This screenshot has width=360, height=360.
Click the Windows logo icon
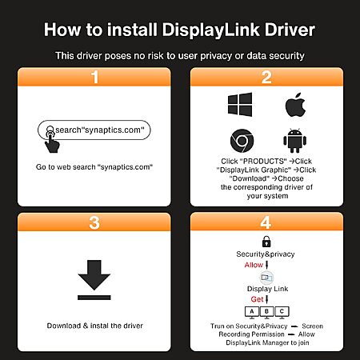click(240, 104)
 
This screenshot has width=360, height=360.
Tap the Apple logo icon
click(295, 105)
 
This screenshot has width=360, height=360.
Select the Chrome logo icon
click(242, 141)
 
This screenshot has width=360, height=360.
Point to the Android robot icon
click(294, 141)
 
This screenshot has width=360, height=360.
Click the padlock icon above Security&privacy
click(266, 242)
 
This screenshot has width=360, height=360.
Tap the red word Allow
click(254, 265)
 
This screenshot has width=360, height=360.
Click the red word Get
click(257, 299)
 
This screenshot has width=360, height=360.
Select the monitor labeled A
click(252, 312)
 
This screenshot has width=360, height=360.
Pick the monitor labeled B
click(266, 312)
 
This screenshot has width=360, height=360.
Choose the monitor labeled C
click(282, 312)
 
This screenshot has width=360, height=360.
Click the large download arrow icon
click(94, 280)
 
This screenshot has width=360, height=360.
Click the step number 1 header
click(94, 77)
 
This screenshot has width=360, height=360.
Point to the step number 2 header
click(266, 77)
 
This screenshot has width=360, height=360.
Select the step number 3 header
click(94, 222)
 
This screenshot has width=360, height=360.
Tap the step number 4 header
click(266, 222)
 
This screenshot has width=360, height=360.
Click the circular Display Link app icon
click(266, 278)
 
